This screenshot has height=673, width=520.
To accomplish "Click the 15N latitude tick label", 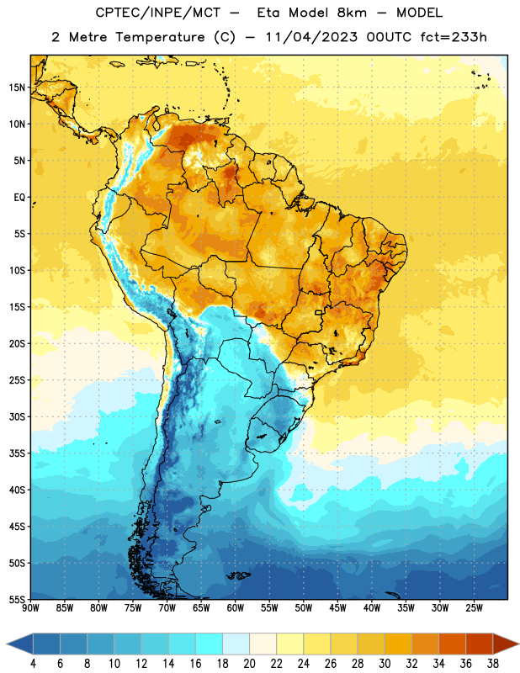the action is pos(17,87).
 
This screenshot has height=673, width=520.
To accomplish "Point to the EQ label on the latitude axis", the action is pos(19,198).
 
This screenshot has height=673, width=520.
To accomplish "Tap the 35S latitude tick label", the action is pos(17,453).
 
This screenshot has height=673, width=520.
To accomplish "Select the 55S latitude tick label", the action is pos(17,599).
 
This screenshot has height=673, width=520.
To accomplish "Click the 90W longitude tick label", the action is pos(30,608).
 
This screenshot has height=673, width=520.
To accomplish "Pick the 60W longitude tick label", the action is pos(236,608).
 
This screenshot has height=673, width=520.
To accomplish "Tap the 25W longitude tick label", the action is pos(474,608).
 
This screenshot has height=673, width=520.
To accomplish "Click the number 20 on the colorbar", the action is pos(249,664).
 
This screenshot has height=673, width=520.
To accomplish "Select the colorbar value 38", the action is pos(492,664).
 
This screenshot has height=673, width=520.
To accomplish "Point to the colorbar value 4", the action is pos(33,664).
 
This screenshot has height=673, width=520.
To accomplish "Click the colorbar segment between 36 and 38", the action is pos(480,644).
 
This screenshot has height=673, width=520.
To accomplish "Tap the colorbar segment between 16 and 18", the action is pos(210,644).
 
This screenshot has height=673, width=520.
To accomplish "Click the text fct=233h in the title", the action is pos(454,37).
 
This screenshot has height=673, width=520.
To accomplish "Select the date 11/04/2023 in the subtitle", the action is pos(311,37).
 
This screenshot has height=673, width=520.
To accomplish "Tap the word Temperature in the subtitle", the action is pos(160,37).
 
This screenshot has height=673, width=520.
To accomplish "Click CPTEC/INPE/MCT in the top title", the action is pos(157,13).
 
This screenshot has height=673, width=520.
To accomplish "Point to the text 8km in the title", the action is pos(352,13).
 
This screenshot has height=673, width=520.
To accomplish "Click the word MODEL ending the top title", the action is pos(419,13).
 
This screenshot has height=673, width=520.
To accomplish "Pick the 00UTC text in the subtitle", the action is pos(390,37).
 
